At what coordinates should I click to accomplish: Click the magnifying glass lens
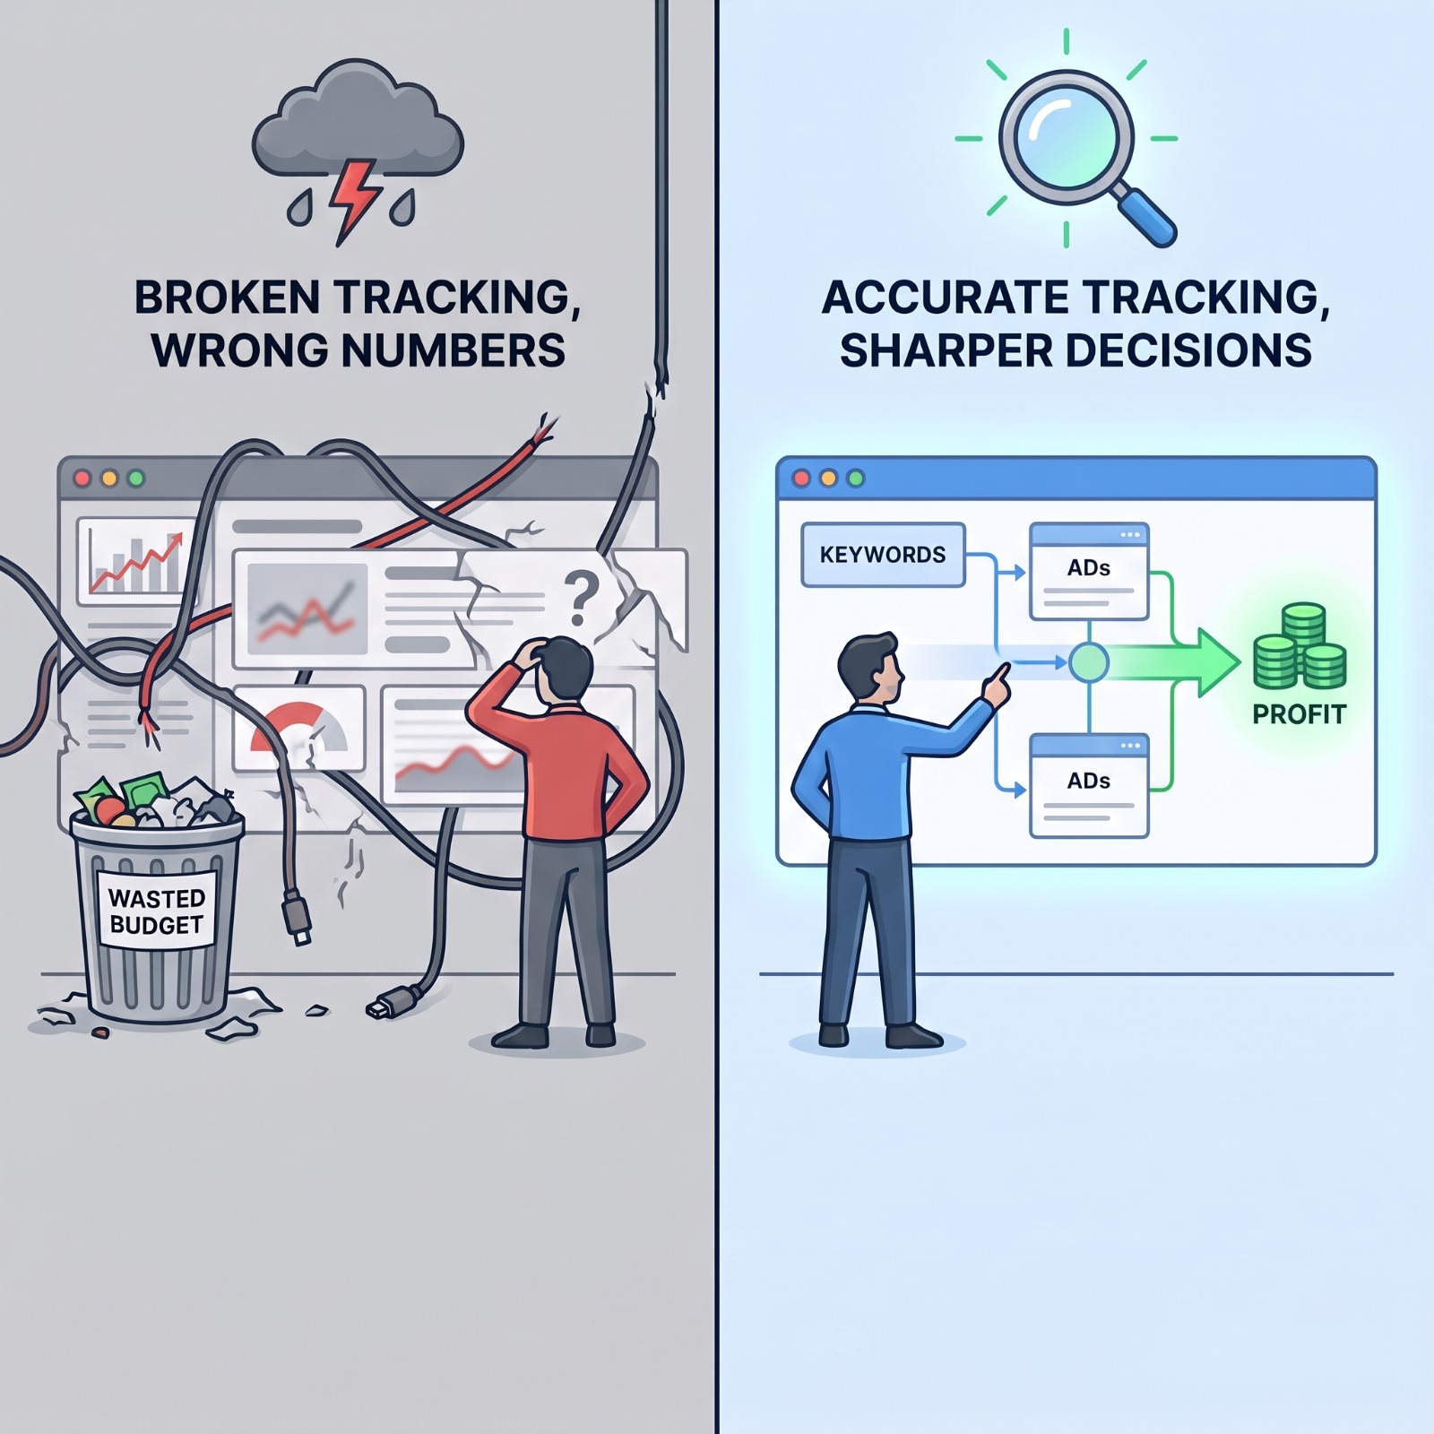[x=1066, y=139]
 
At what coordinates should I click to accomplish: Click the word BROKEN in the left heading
[x=226, y=298]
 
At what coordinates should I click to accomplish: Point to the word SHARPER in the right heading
[x=945, y=350]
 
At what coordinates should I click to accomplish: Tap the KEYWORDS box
[x=883, y=555]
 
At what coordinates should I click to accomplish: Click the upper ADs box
[x=1089, y=572]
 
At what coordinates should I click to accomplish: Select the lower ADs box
[x=1089, y=785]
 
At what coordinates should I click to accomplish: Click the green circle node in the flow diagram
[x=1089, y=663]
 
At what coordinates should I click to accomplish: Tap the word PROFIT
[x=1299, y=714]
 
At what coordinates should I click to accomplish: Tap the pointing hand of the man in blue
[x=995, y=684]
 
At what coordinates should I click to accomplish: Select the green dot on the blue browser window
[x=856, y=479]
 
